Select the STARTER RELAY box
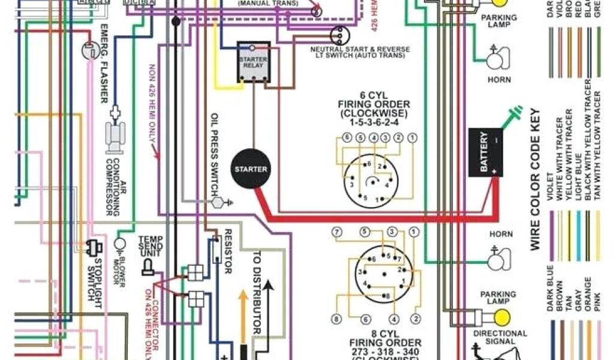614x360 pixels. tap(252, 61)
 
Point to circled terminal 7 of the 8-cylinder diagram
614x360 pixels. tap(336, 232)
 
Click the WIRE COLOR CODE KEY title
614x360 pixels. tap(535, 179)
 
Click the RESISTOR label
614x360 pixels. tap(228, 251)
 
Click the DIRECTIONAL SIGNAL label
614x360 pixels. tap(500, 337)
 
